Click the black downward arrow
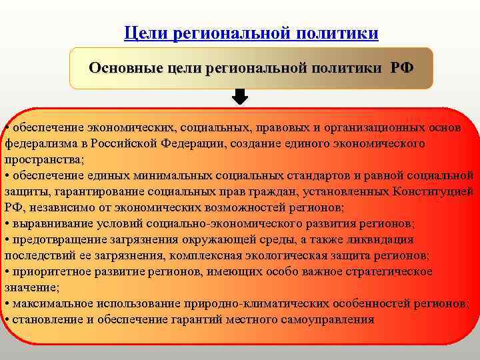coord(241,97)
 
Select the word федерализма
coord(38,143)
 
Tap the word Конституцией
coord(428,191)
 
